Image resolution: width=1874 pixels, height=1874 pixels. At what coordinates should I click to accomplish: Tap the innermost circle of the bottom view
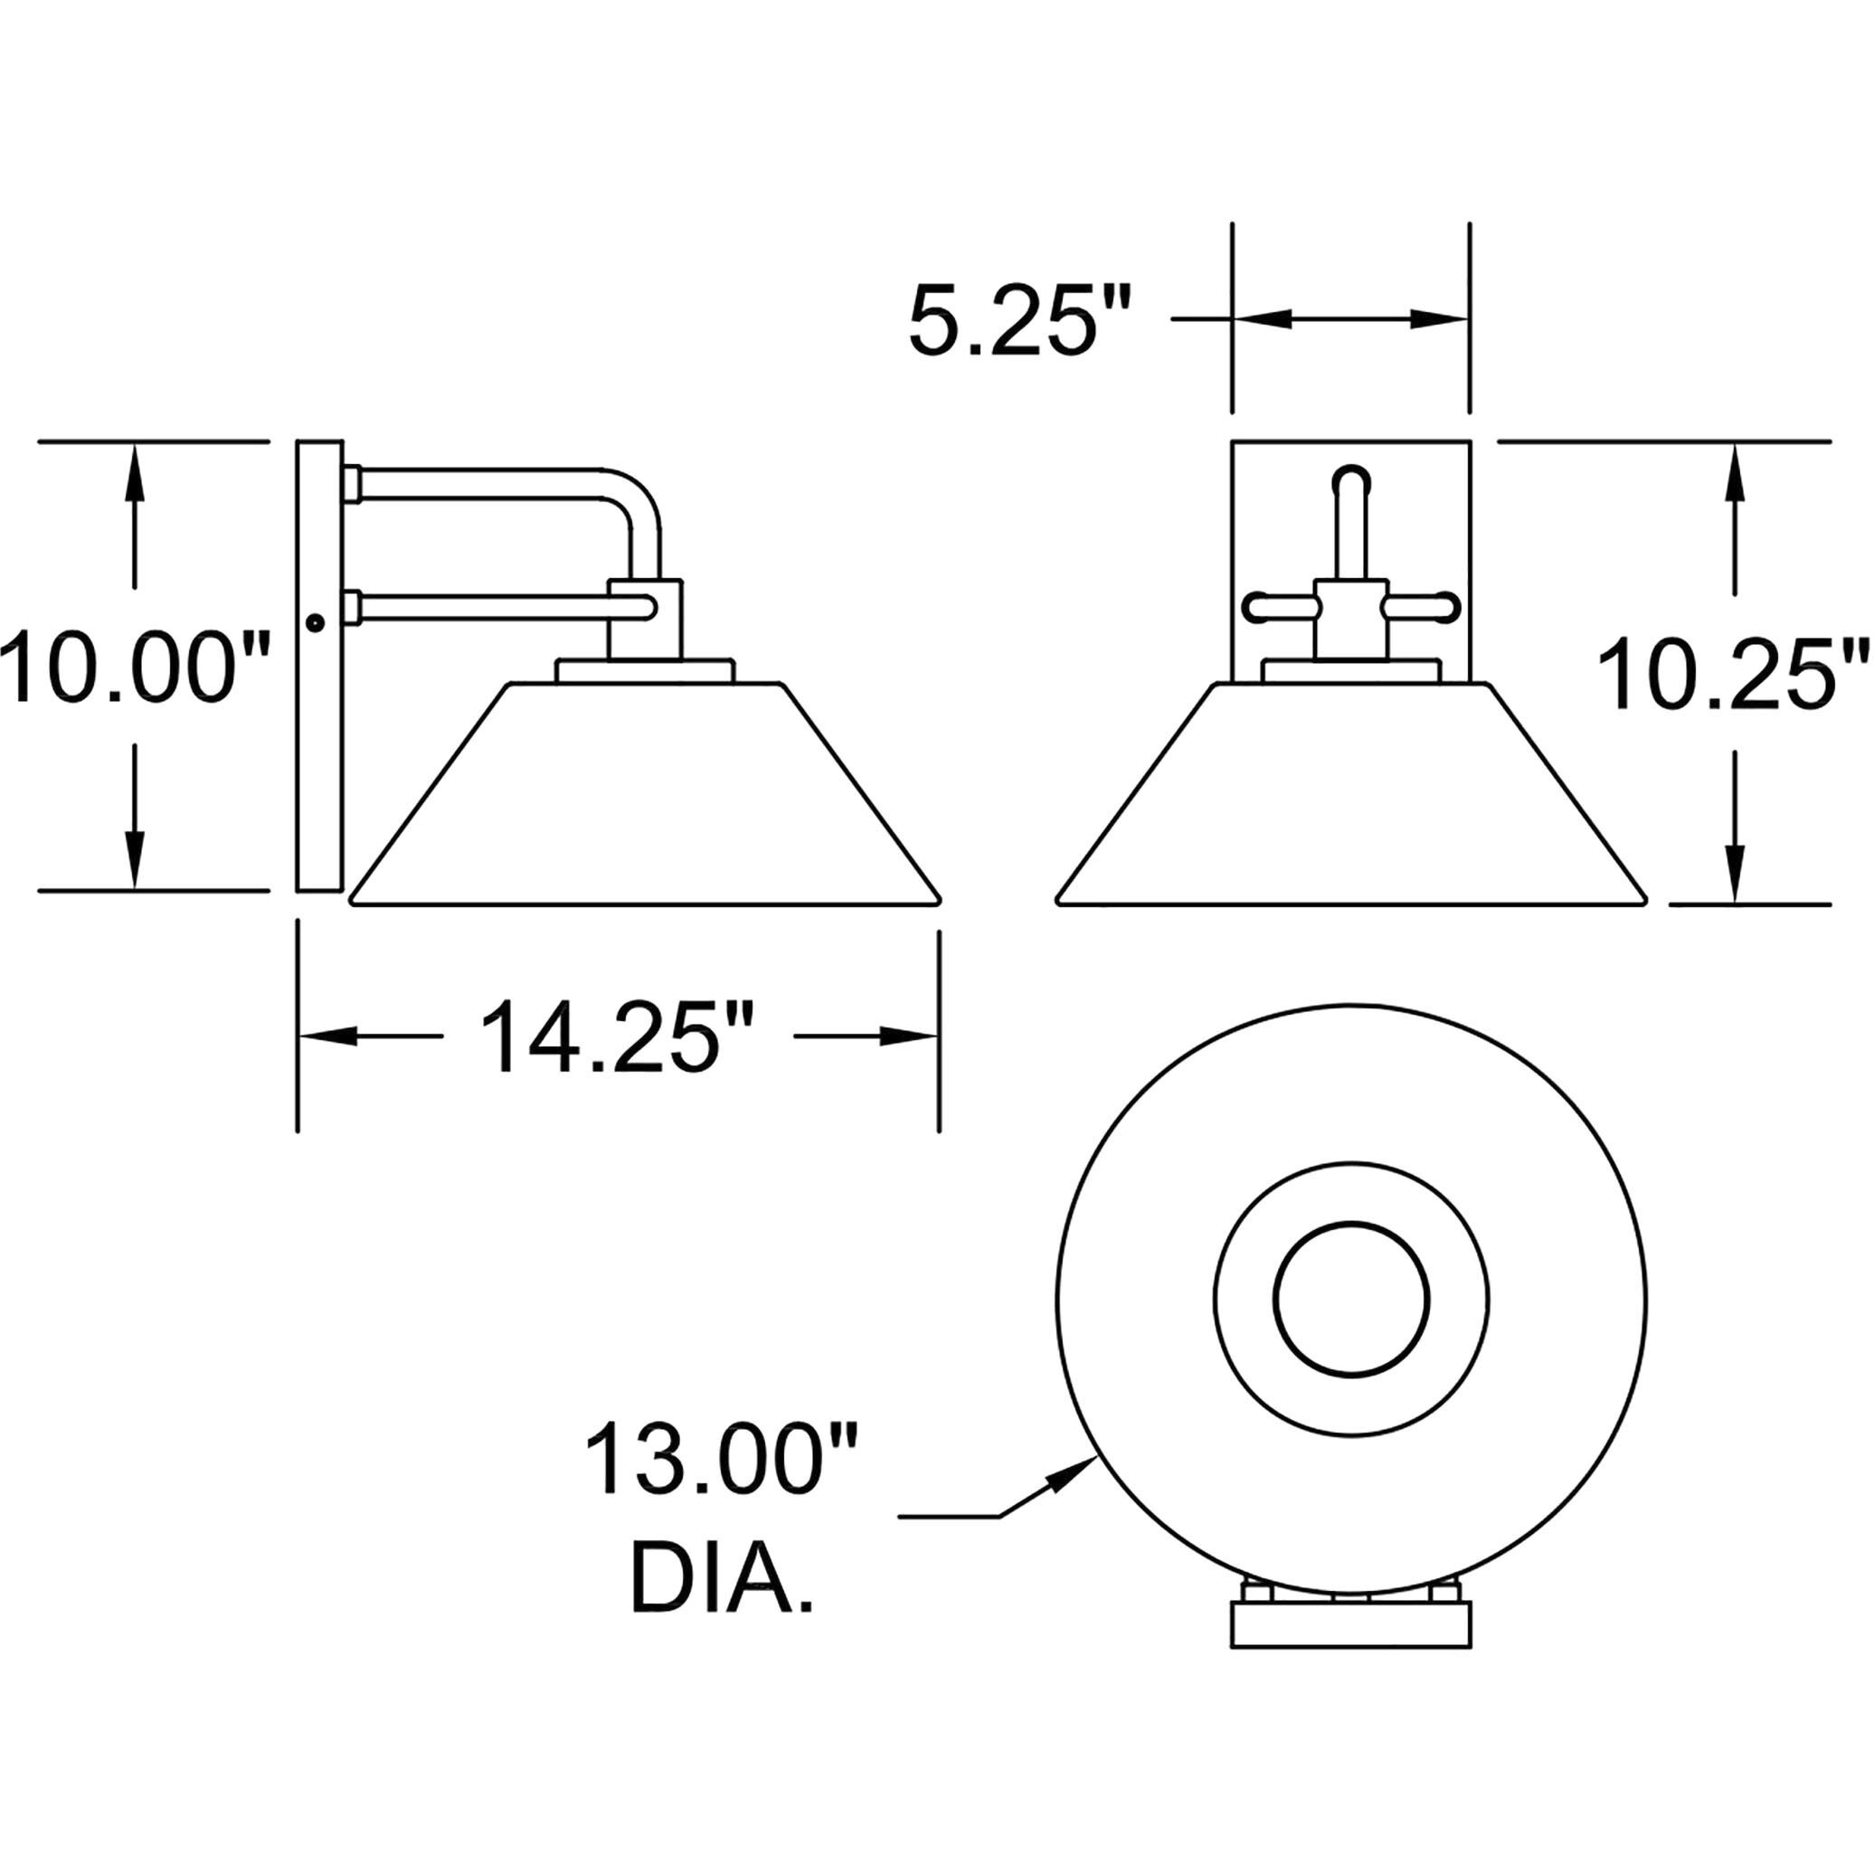point(1351,1299)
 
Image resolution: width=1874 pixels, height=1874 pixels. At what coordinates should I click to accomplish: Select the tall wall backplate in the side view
point(319,667)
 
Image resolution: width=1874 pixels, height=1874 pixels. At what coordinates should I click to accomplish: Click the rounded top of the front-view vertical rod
point(1351,478)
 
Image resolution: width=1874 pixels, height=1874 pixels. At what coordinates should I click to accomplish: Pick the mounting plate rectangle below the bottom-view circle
point(1350,1623)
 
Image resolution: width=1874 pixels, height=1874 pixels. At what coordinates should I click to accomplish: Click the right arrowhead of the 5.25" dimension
point(1444,319)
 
